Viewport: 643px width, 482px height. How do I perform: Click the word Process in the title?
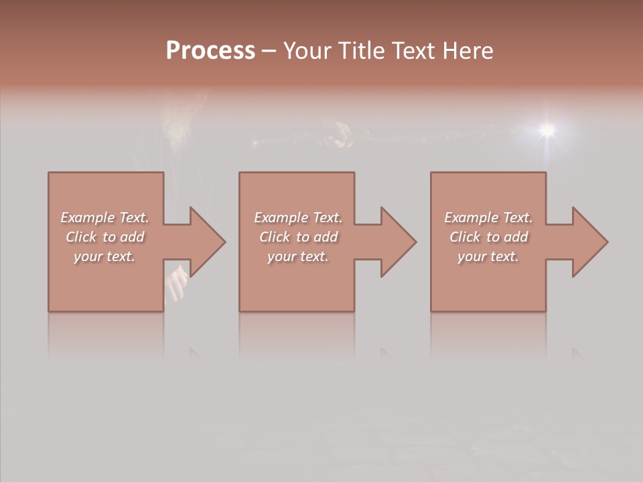click(x=210, y=51)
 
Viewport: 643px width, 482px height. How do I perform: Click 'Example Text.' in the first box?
click(x=104, y=218)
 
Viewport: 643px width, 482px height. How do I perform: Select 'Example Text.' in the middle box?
click(x=297, y=218)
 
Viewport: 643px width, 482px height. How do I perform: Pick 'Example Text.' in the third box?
click(x=488, y=218)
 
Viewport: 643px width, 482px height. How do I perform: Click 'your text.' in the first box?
click(x=104, y=256)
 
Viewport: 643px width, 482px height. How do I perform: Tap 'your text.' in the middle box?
click(x=297, y=256)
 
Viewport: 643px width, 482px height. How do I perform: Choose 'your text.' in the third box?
click(x=488, y=256)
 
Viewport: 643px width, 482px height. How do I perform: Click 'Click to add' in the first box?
click(x=104, y=237)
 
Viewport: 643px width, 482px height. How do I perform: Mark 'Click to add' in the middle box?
click(x=297, y=237)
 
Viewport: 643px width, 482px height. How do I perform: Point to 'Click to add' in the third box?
click(x=488, y=237)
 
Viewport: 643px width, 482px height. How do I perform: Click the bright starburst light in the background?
click(x=548, y=129)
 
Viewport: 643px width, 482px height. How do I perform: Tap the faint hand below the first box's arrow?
click(x=177, y=284)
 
